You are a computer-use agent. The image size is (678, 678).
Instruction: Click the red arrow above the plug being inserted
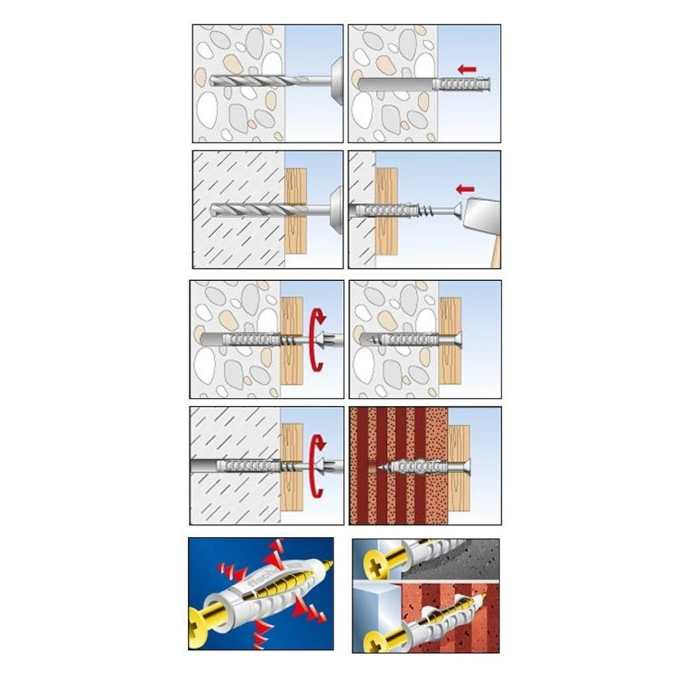coord(467,69)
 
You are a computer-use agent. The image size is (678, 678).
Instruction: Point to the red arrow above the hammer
coord(465,189)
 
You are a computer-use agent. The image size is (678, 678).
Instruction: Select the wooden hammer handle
coord(495,254)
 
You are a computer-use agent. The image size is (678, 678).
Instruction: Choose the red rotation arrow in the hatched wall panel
coord(317,466)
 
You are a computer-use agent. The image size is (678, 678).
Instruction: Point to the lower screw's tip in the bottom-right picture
coord(484,597)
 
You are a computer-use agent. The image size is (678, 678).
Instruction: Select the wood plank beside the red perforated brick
coord(459,493)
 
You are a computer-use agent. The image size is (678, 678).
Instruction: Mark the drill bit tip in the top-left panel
coord(212,81)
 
